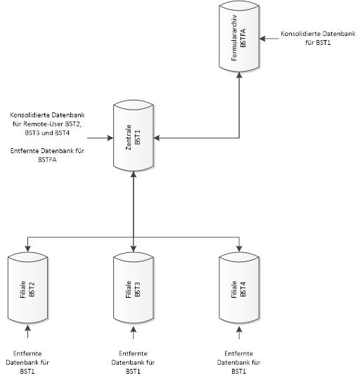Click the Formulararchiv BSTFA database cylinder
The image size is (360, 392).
239,38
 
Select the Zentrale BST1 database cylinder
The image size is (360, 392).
134,136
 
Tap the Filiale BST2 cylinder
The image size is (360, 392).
27,288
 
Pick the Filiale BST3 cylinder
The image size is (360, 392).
134,288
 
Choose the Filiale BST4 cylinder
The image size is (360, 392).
239,288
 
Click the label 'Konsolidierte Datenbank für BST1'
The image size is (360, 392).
318,38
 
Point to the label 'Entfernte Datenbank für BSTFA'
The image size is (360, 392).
47,155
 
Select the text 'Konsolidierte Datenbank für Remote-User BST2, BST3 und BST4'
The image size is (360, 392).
47,124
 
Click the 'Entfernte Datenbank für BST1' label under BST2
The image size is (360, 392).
27,362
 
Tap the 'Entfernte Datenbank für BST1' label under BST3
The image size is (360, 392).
133,362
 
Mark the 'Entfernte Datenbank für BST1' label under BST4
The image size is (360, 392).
238,362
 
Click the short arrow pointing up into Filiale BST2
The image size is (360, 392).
27,332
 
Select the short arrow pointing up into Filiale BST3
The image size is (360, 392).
134,332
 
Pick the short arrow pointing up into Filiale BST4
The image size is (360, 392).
239,332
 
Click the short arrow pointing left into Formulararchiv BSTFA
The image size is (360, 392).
269,39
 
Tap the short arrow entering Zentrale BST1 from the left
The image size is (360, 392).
100,138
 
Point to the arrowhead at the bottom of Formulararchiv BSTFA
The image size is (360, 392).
239,75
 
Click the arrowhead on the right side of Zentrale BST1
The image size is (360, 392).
157,138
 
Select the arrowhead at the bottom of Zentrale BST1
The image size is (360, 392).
134,174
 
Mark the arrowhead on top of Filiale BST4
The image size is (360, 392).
239,249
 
